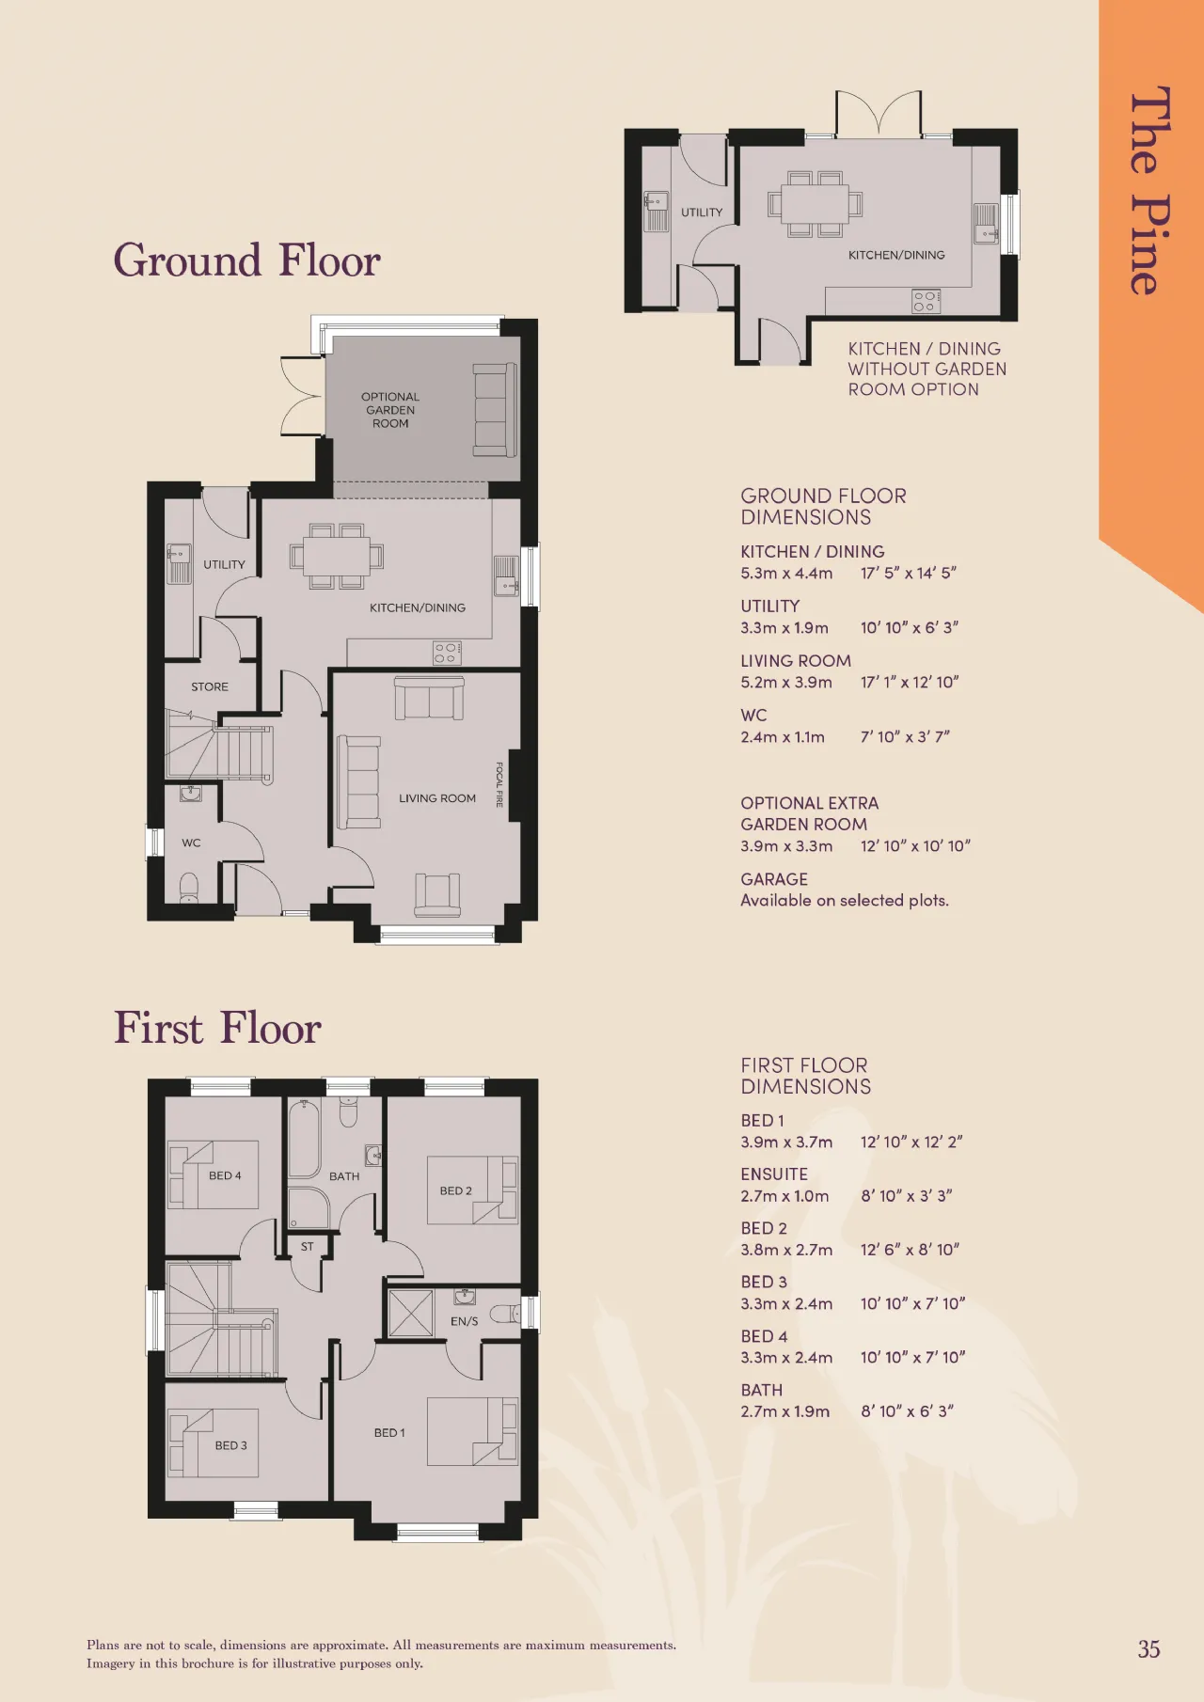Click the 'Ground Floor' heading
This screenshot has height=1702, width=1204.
[246, 260]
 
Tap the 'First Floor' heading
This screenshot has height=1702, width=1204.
[217, 1028]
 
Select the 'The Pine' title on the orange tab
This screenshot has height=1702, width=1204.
[1149, 191]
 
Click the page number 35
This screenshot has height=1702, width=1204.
[1149, 1649]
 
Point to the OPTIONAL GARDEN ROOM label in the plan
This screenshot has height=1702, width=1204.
[390, 410]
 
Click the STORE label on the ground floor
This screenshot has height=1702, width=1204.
[210, 686]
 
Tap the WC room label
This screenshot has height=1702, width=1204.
[191, 843]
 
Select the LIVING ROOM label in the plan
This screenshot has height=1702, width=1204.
[437, 798]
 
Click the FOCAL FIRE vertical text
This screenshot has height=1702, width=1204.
[499, 784]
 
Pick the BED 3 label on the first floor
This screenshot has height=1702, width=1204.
[230, 1445]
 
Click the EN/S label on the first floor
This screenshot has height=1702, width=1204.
[464, 1321]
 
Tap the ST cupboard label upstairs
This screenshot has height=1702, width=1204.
[307, 1247]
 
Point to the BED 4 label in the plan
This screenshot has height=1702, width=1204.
[225, 1175]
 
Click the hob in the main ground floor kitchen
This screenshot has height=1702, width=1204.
[448, 653]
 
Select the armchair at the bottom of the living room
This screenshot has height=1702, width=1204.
[437, 895]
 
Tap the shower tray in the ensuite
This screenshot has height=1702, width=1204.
[411, 1314]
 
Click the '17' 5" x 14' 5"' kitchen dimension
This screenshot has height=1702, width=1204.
[908, 573]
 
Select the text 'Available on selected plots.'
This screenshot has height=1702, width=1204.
[845, 900]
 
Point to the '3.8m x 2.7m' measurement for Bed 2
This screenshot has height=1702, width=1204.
[786, 1250]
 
